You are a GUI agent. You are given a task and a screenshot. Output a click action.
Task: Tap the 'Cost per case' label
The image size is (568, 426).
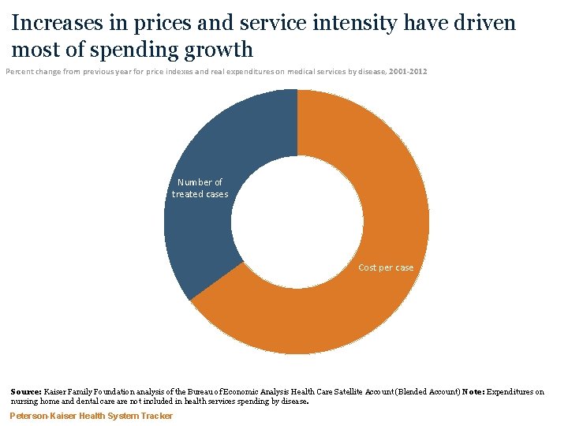386,267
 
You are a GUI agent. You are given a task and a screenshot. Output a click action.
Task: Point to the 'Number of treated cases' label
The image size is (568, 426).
200,188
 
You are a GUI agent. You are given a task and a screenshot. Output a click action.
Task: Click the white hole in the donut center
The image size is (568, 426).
297,222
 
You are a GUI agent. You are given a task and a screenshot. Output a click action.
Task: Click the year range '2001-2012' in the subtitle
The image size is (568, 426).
407,72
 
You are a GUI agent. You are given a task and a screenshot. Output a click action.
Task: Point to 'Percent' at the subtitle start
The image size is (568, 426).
21,72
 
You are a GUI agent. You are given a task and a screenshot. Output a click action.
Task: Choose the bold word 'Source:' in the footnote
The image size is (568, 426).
26,391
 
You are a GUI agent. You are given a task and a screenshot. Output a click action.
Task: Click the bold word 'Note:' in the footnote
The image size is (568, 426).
476,391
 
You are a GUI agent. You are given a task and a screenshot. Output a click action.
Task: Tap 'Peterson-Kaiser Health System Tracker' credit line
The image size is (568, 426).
91,416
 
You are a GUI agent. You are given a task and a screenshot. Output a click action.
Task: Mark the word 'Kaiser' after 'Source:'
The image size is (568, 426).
57,391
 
